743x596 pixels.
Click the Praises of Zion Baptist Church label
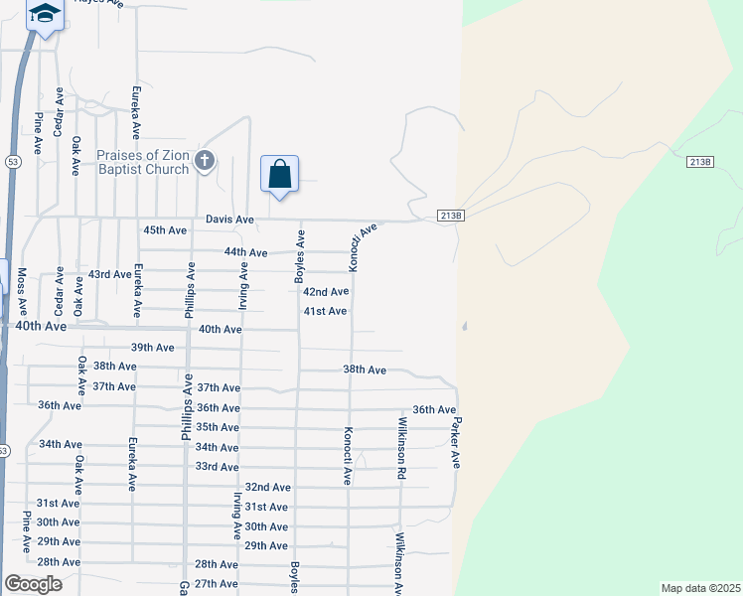[143, 162]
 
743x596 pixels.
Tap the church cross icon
[205, 161]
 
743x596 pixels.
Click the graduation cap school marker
[44, 14]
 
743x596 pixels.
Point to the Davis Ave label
[229, 219]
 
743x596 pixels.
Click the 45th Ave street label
[165, 230]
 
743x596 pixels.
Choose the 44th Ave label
[245, 253]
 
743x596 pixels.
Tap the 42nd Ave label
[326, 292]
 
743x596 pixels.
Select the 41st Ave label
[325, 312]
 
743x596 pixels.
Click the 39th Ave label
[152, 348]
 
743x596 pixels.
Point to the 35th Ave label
[218, 428]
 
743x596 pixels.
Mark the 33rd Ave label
[217, 467]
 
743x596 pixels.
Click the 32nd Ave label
[267, 488]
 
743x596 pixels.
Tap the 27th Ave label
[218, 584]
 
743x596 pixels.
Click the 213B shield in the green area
[700, 162]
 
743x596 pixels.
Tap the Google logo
[33, 584]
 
